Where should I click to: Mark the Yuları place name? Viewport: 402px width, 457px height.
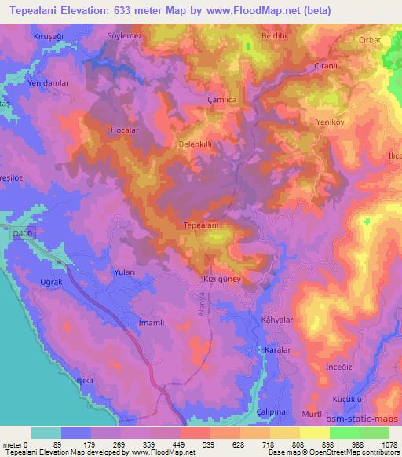click(125, 272)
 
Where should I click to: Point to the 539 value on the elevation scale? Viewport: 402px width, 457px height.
click(194, 444)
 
